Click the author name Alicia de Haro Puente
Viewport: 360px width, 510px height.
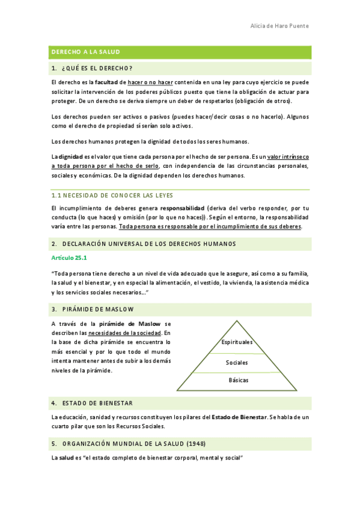coord(279,26)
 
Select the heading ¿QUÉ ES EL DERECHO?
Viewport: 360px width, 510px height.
coord(96,67)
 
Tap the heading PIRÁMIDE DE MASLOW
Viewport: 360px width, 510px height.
coord(97,309)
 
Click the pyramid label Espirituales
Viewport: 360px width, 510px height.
coord(237,342)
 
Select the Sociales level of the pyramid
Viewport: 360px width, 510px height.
coord(237,363)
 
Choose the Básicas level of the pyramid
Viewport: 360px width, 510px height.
coord(238,380)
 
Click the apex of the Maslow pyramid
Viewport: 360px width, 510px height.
coord(237,321)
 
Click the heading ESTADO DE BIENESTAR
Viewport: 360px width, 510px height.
coord(96,402)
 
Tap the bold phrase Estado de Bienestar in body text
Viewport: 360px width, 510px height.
coord(239,417)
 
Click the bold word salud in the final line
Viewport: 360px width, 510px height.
coord(66,458)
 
